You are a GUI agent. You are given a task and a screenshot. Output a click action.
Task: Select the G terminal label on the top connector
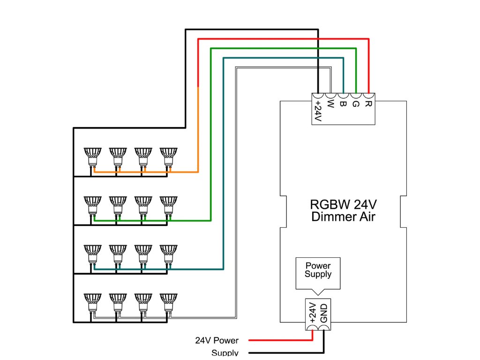coord(355,103)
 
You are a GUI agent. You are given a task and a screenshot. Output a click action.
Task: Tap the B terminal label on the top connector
coord(343,103)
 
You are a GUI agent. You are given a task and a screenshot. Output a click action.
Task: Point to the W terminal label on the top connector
coord(330,103)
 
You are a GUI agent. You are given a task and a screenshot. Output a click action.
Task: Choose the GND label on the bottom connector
coord(324,312)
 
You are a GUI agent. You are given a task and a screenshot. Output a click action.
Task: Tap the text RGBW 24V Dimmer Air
coord(343,211)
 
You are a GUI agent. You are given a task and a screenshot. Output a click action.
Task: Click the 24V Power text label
coord(217,341)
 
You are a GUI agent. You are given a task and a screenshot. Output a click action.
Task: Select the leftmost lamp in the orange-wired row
coord(92,156)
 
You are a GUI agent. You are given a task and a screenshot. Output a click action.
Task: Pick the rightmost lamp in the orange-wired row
coord(168,156)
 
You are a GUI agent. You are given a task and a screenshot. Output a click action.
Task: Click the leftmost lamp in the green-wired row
coord(92,204)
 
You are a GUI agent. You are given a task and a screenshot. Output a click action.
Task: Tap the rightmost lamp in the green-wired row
coord(168,204)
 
